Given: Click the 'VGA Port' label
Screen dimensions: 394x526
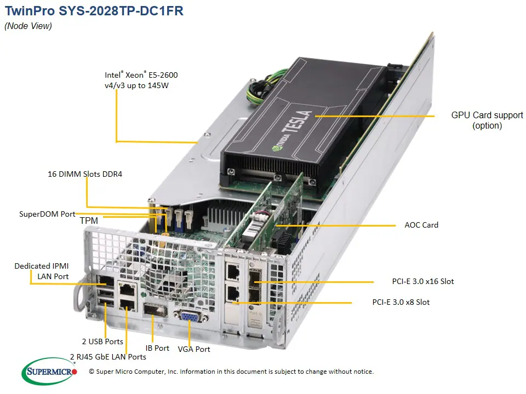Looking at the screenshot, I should pyautogui.click(x=194, y=349).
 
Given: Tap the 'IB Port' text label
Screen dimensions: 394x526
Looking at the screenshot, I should pyautogui.click(x=157, y=347).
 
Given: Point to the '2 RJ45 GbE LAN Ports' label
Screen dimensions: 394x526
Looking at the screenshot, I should pyautogui.click(x=108, y=356).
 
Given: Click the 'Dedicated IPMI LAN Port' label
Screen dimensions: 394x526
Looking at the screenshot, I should pyautogui.click(x=45, y=271).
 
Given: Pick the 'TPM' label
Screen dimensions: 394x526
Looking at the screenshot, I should pyautogui.click(x=89, y=221).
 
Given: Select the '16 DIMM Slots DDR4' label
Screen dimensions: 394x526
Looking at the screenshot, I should pyautogui.click(x=84, y=175).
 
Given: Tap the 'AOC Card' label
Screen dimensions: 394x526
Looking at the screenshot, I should pyautogui.click(x=421, y=225).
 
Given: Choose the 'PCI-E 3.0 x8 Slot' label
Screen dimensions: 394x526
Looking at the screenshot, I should pyautogui.click(x=401, y=302).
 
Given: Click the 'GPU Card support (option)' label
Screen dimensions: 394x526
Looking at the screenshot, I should pyautogui.click(x=487, y=120).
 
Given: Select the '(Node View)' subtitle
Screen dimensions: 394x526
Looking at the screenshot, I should pyautogui.click(x=28, y=26).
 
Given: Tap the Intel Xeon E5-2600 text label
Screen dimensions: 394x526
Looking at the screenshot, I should pyautogui.click(x=141, y=80).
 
